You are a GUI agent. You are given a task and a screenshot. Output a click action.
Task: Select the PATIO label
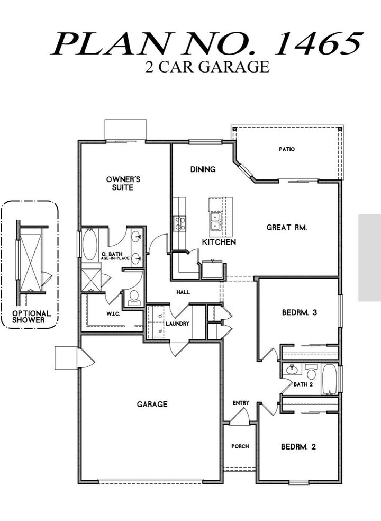[287, 149]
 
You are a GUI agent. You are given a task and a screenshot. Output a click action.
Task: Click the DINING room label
[203, 169]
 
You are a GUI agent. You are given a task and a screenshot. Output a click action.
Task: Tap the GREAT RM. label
[287, 228]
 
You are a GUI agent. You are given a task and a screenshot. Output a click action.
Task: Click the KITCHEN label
[219, 242]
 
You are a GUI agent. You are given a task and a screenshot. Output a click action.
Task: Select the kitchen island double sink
[216, 221]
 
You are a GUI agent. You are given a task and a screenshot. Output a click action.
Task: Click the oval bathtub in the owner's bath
[90, 245]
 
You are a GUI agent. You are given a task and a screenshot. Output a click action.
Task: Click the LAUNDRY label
[177, 324]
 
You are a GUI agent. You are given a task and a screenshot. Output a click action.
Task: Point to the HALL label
[184, 292]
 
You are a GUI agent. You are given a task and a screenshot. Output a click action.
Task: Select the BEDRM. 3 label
[299, 312]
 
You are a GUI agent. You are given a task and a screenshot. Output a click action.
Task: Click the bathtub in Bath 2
[329, 379]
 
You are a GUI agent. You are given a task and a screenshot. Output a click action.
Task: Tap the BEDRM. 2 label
[298, 446]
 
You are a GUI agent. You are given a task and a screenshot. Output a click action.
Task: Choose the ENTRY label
[241, 403]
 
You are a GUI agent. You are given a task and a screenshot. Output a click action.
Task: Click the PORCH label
[240, 446]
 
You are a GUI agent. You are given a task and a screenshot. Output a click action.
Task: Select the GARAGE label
[152, 404]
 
